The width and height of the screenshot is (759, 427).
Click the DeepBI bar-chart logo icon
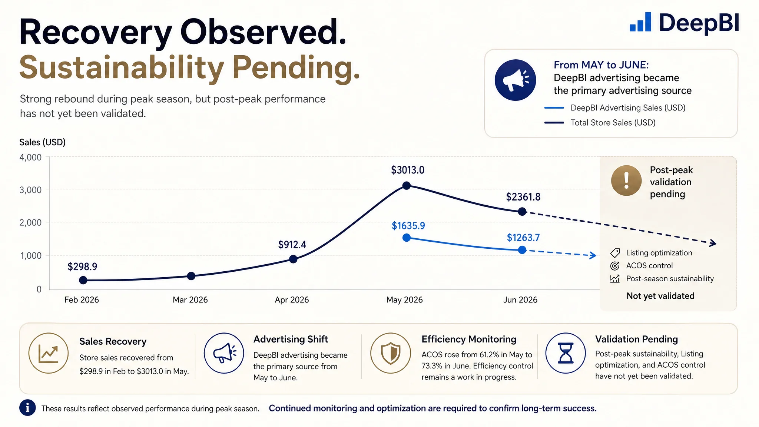[640, 22]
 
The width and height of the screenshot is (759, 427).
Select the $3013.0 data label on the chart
[408, 170]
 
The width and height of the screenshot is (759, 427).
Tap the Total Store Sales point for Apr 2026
[293, 259]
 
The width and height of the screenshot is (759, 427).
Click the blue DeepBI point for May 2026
[407, 238]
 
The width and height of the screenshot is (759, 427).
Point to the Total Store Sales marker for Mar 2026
[191, 276]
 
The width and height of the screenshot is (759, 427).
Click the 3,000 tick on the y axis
[30, 190]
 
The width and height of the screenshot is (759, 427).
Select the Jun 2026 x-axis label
[520, 299]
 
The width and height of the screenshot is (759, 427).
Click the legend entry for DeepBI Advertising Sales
[615, 108]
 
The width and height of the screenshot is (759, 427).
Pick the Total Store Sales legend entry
[600, 123]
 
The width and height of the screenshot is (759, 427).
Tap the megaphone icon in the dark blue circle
[515, 80]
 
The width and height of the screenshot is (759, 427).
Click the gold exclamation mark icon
[626, 181]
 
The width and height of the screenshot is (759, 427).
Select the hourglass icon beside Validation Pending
[566, 353]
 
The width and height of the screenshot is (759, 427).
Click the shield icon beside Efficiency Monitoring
[391, 353]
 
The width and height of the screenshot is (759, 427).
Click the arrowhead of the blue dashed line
[593, 255]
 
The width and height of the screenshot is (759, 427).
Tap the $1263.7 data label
[523, 238]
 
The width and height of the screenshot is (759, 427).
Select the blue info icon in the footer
[27, 408]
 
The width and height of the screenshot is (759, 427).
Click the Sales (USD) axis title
[42, 142]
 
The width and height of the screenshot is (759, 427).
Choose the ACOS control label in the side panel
[649, 266]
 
